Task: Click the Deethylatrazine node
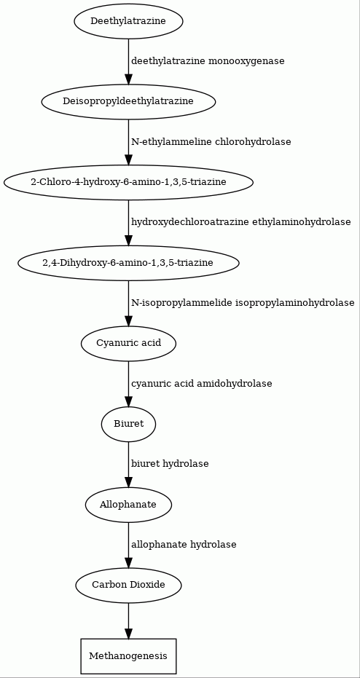pos(128,20)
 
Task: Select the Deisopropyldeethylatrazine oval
pos(128,102)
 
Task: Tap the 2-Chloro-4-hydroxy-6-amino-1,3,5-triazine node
pos(128,182)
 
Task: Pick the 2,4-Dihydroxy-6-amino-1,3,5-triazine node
pos(128,263)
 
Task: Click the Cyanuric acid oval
pos(128,343)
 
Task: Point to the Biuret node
pos(128,424)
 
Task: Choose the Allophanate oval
pos(128,505)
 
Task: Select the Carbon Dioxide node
pos(128,586)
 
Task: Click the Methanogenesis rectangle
pos(128,656)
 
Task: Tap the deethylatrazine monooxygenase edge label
pos(208,61)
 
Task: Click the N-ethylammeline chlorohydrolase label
pos(211,142)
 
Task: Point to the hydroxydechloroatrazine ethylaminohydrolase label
pos(241,222)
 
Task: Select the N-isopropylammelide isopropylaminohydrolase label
pos(243,303)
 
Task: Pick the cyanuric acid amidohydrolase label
pos(202,384)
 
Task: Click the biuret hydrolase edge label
pos(170,464)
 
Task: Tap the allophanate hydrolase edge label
pos(184,545)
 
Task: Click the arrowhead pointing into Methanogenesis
pos(128,633)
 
